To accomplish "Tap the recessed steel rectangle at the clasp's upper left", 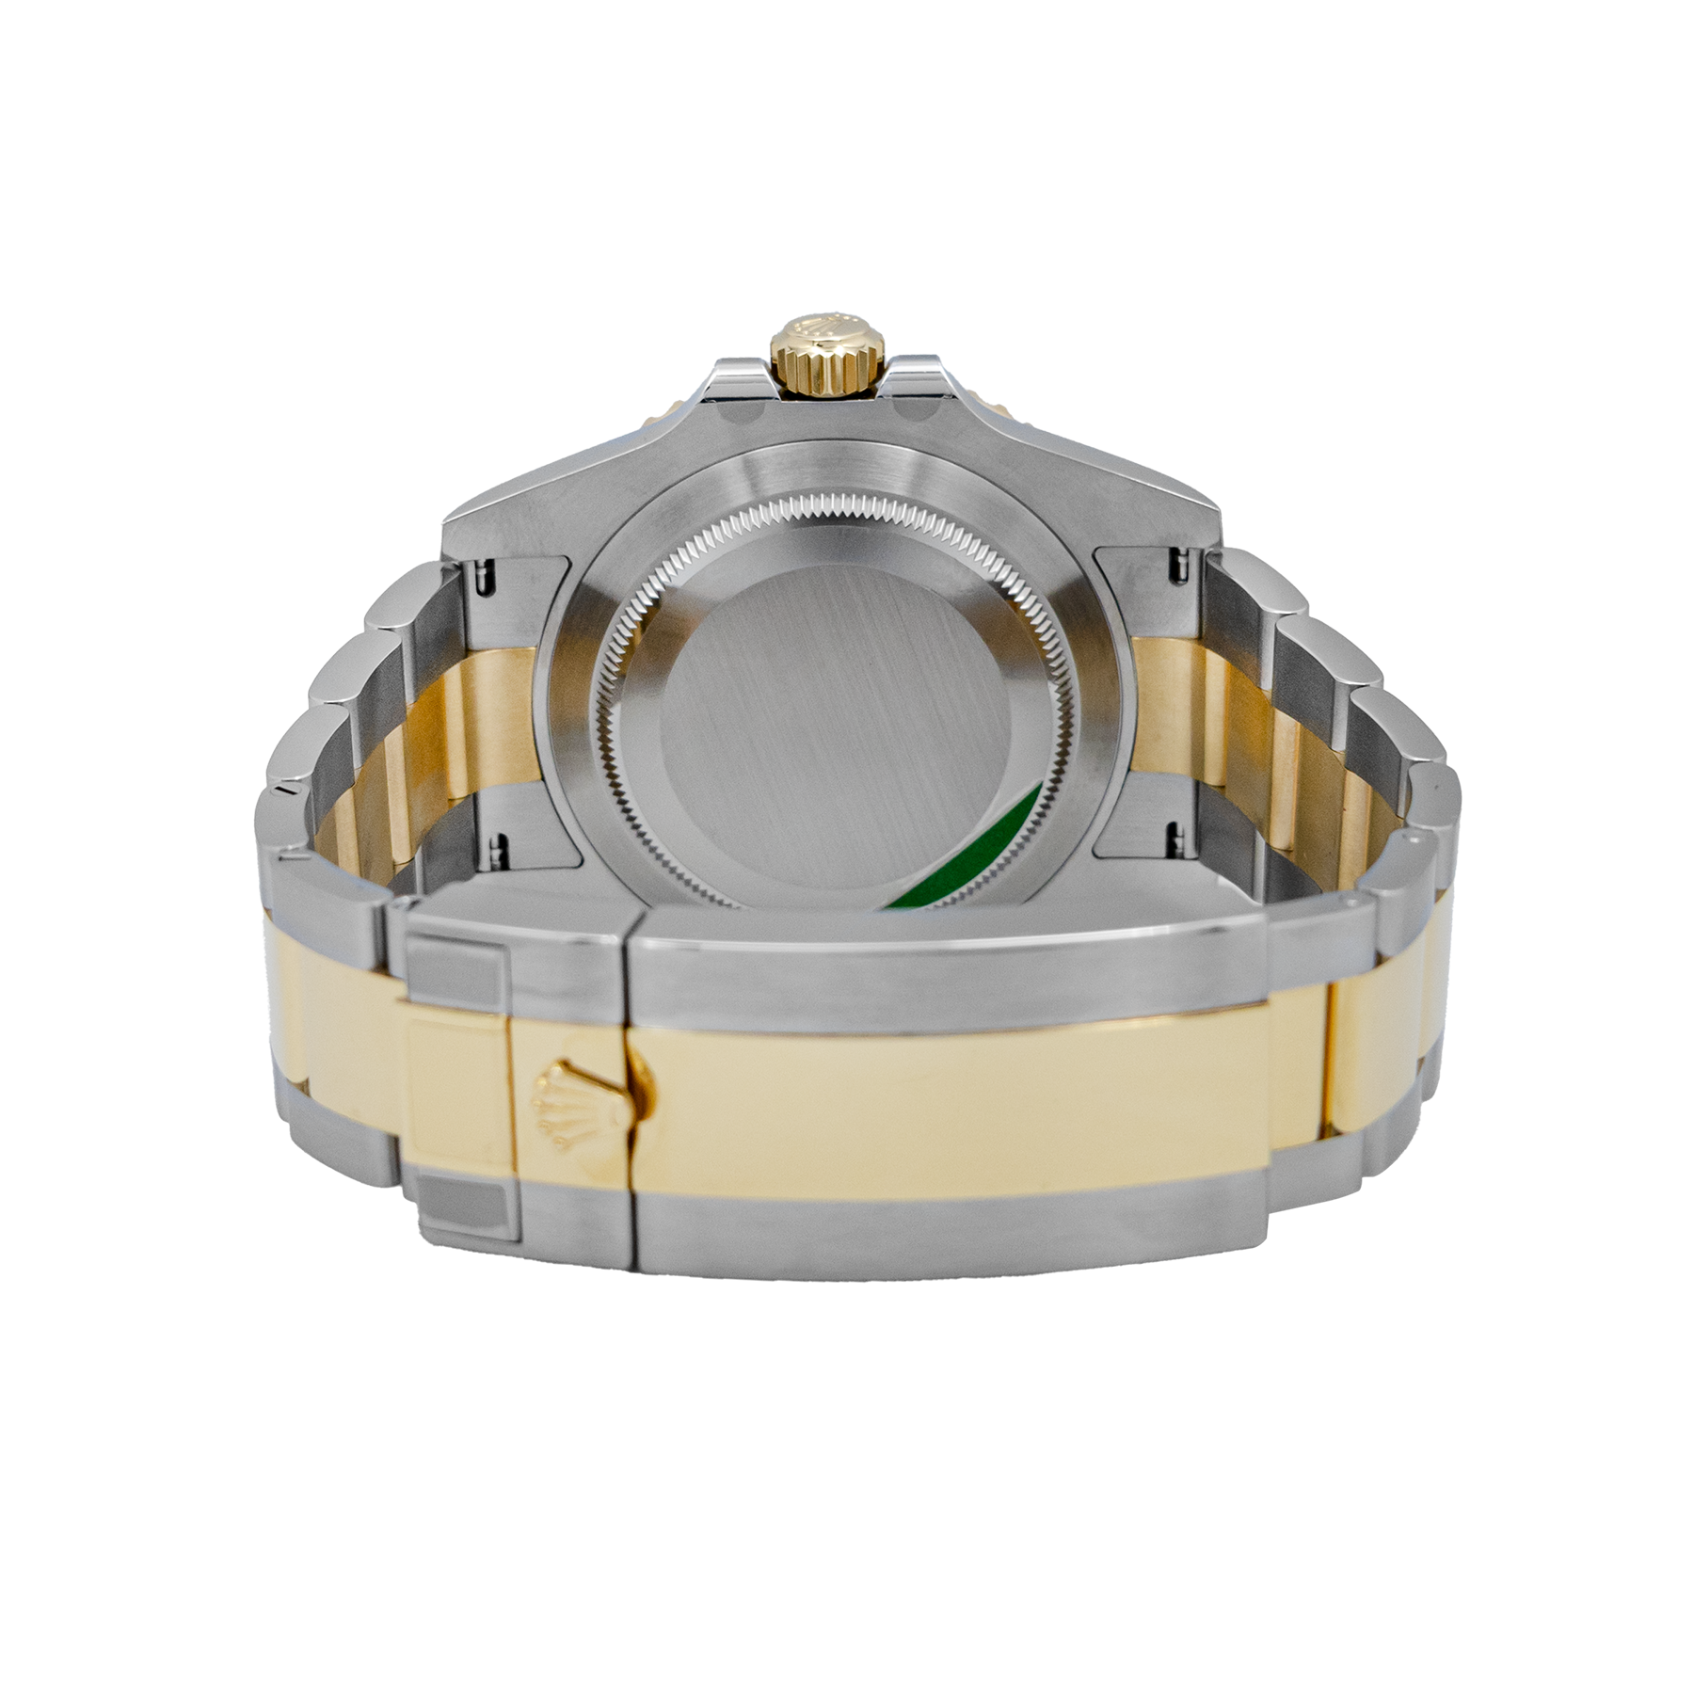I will coord(458,965).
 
